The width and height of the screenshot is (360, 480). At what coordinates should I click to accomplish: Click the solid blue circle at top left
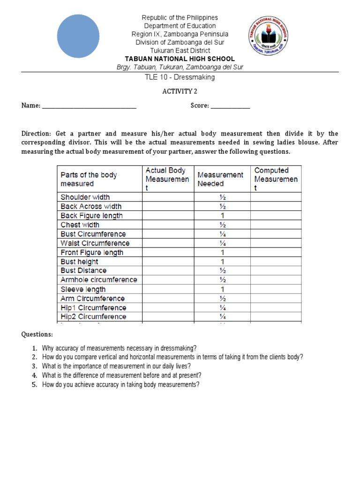coord(78,36)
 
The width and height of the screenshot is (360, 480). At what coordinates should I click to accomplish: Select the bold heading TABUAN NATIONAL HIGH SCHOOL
coord(180,59)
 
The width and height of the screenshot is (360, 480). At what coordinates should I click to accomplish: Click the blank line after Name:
coord(89,106)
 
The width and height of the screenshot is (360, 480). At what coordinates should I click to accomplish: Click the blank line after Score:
coord(230,106)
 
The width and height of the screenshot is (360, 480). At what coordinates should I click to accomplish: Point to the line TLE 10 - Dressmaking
coord(180,77)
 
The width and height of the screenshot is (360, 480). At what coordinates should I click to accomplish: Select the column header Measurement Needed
coord(220,179)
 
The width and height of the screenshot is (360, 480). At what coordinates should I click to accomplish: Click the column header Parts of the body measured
coord(89,179)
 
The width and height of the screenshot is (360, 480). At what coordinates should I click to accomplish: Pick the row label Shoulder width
coord(85,197)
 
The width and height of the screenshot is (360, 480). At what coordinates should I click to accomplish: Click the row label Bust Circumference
coord(93,234)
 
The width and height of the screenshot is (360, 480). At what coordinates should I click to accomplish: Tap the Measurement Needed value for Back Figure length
coord(223,216)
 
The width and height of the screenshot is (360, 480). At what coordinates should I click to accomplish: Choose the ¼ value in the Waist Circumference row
coord(223,243)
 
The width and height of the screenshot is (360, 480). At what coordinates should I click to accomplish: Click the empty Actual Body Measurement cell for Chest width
coord(168,225)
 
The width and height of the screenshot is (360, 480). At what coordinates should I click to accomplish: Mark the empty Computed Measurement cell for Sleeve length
coord(276,289)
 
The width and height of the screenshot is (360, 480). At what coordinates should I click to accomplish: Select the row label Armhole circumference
coord(98,280)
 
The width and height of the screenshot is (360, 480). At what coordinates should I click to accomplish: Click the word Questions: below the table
coord(37,335)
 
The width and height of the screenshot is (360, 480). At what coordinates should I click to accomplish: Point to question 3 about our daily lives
coord(116,366)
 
